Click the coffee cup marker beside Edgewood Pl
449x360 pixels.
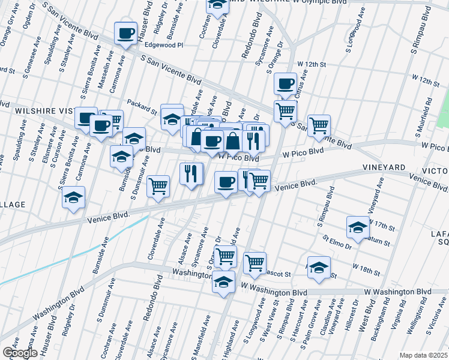pyautogui.click(x=125, y=34)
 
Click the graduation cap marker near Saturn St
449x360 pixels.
pyautogui.click(x=357, y=228)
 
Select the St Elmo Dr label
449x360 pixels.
pyautogui.click(x=336, y=242)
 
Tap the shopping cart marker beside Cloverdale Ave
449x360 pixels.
pyautogui.click(x=158, y=186)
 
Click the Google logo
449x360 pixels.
pyautogui.click(x=19, y=353)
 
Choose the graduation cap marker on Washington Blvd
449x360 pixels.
pyautogui.click(x=223, y=281)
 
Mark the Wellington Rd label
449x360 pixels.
pyautogui.click(x=412, y=324)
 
